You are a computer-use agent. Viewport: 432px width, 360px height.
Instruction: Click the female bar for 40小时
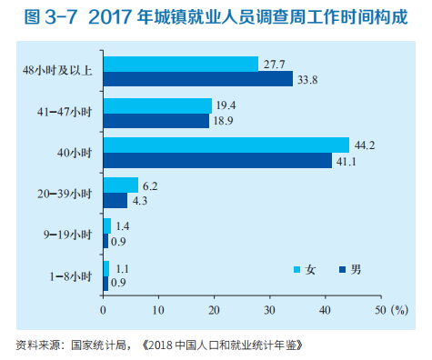[x=226, y=145]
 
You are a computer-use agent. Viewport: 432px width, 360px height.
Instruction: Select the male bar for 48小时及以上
[x=197, y=79]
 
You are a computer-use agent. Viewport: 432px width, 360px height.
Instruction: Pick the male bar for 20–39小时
[x=116, y=200]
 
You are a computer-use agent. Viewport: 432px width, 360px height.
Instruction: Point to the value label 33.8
[x=306, y=79]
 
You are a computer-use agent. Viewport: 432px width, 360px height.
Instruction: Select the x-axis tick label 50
[x=380, y=310]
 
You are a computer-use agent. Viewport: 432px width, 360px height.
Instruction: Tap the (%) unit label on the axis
[x=400, y=310]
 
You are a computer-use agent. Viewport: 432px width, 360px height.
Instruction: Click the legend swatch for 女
[x=296, y=269]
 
